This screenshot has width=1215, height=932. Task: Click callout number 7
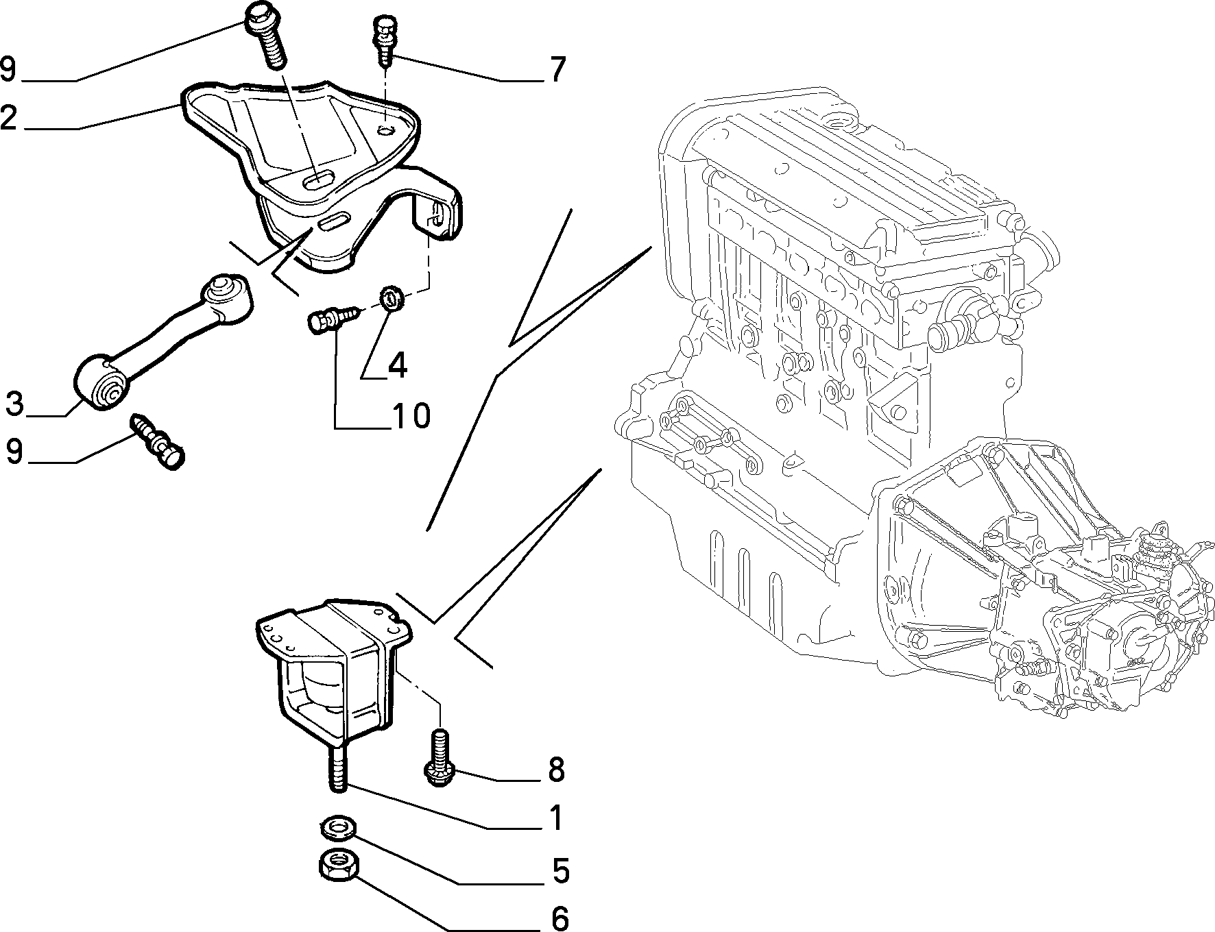(557, 69)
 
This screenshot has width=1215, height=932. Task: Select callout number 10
(411, 415)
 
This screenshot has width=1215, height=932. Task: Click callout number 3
(14, 404)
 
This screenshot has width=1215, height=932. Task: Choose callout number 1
(556, 818)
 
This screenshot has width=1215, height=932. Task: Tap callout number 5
(560, 870)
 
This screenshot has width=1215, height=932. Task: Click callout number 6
(560, 918)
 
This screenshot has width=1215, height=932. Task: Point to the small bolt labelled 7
(385, 41)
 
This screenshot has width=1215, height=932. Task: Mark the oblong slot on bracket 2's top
(318, 180)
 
